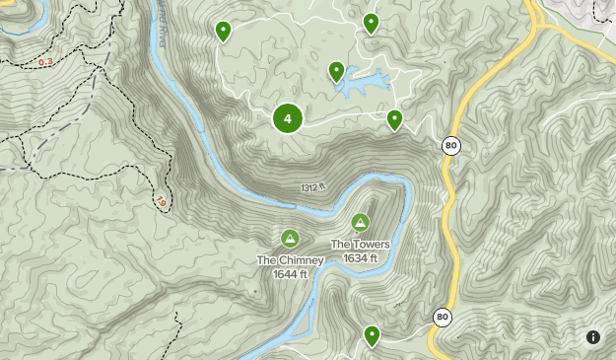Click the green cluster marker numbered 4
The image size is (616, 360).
(288, 119)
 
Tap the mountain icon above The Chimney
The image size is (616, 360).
(291, 238)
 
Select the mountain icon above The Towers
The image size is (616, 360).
(360, 222)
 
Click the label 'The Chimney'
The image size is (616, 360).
(291, 260)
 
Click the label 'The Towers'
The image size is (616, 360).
(360, 245)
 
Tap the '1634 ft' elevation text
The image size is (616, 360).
(362, 257)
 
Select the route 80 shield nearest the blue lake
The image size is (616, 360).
(450, 145)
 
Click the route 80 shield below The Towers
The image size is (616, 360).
(443, 318)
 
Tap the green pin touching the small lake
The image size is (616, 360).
(337, 71)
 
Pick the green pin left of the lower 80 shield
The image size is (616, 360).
(372, 335)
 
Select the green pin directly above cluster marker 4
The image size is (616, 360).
(224, 32)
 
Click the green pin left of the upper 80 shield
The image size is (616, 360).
(394, 119)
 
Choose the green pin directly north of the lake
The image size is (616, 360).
(371, 22)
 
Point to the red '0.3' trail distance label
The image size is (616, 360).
(46, 62)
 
